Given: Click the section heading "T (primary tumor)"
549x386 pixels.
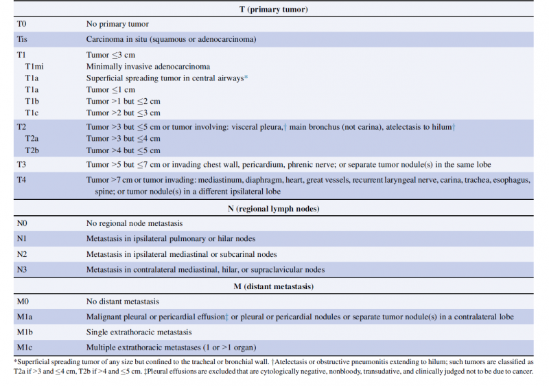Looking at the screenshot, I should [274, 8].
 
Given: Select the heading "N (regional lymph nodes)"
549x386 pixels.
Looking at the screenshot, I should [274, 208].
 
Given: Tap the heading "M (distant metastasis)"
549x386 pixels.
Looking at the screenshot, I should [274, 286].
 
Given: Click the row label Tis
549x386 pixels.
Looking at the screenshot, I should [23, 39].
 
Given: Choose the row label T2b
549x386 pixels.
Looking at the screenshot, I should [32, 150].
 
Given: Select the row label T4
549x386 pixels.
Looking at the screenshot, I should [23, 180].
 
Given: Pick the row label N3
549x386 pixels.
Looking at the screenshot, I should [23, 269].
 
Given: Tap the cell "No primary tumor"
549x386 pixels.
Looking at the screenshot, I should [117, 24].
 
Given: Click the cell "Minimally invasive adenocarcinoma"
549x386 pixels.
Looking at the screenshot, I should [148, 67].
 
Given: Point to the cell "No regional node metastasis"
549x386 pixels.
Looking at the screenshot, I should [135, 223].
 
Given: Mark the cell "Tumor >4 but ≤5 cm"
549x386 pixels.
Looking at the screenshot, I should [124, 150].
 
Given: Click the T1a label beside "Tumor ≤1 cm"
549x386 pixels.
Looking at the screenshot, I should [32, 90].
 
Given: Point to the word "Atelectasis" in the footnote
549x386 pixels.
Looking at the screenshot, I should [292, 361].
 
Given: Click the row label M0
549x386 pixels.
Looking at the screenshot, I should [23, 302].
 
